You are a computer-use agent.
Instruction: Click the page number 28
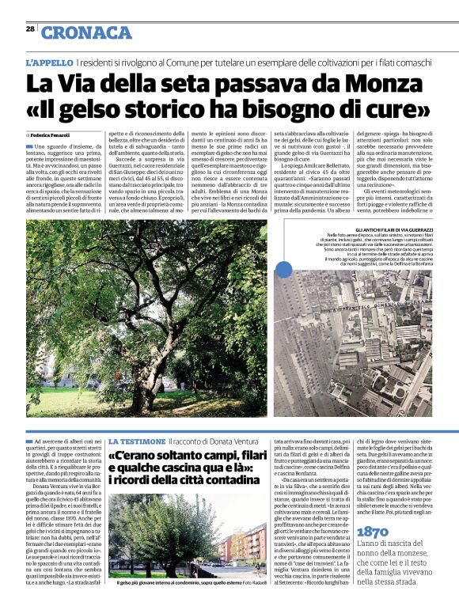[30, 28]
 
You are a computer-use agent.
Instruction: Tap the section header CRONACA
[86, 32]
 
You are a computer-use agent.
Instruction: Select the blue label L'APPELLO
[49, 62]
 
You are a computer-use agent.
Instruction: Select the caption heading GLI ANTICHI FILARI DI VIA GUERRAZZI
[364, 229]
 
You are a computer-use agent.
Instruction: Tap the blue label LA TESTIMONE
[136, 440]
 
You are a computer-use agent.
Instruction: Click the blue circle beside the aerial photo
[283, 270]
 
